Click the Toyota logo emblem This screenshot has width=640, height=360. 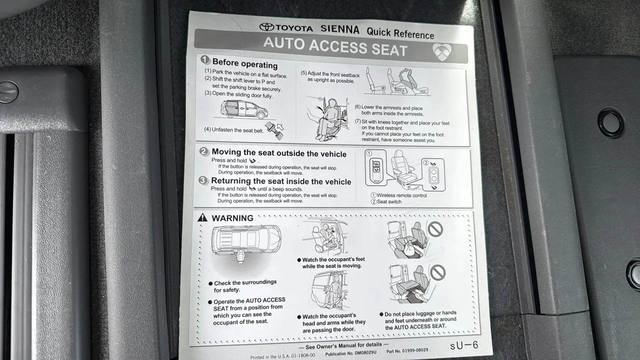[x=267, y=27]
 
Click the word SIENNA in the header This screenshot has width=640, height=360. [x=340, y=29]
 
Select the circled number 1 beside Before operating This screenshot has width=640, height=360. [x=205, y=60]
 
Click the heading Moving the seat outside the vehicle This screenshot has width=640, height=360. [x=279, y=153]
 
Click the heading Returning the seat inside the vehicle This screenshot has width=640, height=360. [x=281, y=181]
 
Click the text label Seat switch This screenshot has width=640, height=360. [x=389, y=202]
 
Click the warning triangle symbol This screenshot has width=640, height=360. [x=202, y=218]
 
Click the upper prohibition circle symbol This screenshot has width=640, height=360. [x=435, y=229]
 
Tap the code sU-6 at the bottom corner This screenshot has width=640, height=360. [x=464, y=345]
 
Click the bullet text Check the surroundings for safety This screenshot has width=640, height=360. [x=245, y=286]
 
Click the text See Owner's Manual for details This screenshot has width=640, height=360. [x=343, y=346]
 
